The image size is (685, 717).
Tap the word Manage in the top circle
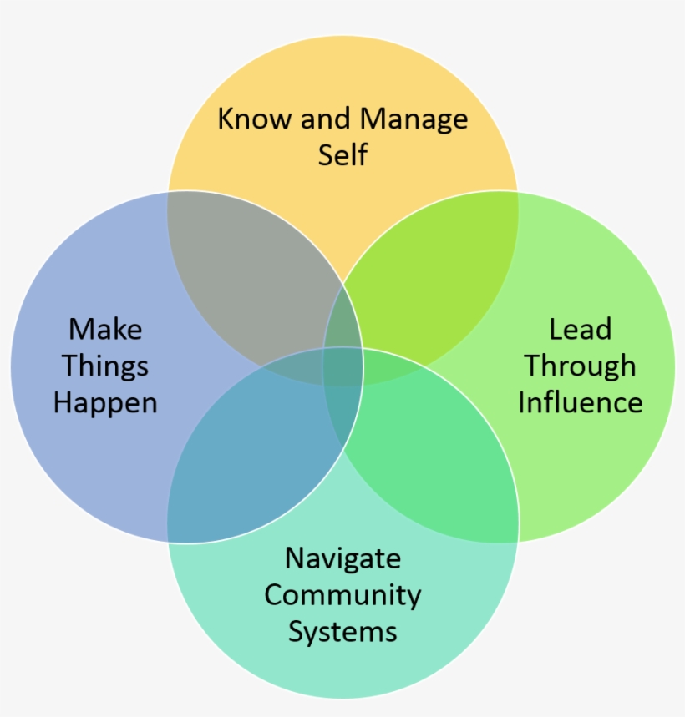click(414, 119)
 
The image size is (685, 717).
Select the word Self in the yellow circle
click(342, 155)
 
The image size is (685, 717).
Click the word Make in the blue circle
click(105, 329)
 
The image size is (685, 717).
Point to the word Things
click(105, 366)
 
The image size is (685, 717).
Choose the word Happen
click(105, 402)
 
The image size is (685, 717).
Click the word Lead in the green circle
click(580, 329)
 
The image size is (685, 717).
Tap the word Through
click(580, 366)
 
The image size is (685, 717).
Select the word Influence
click(580, 402)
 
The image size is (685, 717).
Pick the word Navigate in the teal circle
click(342, 558)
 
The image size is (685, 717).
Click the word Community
click(342, 594)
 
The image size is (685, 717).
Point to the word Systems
click(342, 631)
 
